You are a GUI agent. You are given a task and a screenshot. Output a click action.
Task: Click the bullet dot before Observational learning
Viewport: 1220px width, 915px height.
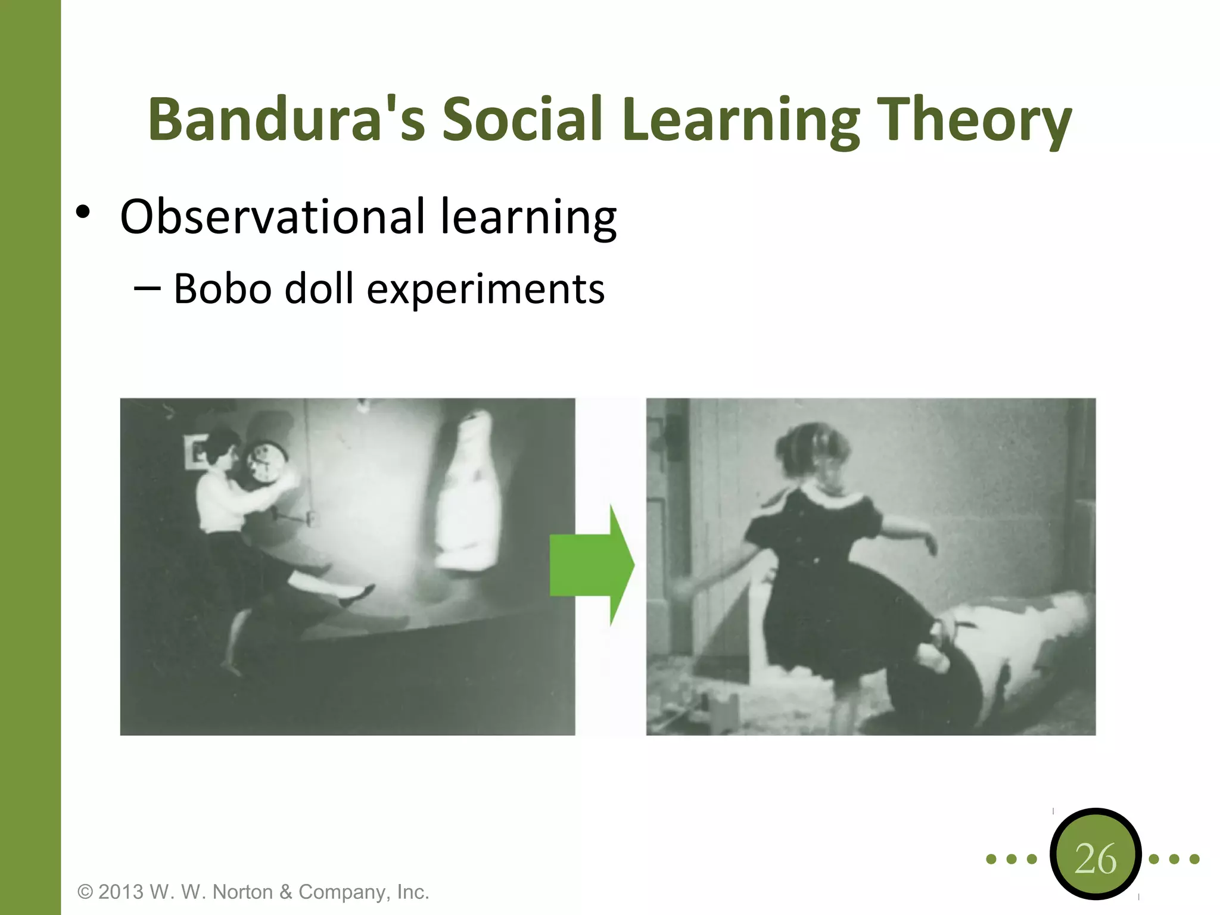[x=83, y=212]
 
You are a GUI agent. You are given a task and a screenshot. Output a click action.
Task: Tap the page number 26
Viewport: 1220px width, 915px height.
[x=1095, y=859]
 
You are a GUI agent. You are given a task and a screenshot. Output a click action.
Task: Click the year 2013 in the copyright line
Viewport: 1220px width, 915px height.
[x=121, y=892]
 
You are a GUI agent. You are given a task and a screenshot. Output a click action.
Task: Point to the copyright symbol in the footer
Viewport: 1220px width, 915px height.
[x=85, y=892]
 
